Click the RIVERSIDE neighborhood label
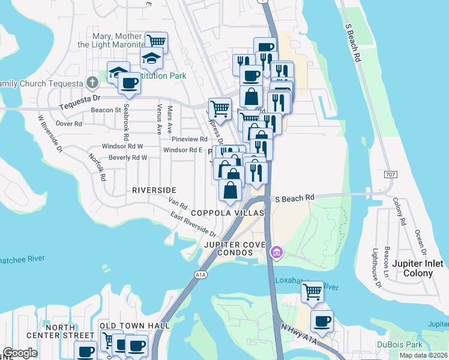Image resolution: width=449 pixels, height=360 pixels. [154, 190]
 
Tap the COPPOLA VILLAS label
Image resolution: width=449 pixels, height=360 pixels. [228, 214]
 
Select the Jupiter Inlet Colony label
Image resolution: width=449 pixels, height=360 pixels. [417, 268]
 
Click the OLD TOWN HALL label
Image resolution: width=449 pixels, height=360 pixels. [134, 325]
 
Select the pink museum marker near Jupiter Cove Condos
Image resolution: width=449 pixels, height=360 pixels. [276, 251]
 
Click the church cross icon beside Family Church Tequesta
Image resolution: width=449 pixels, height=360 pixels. [91, 82]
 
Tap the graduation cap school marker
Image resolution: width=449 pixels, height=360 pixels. [152, 58]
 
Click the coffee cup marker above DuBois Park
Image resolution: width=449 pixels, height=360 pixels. [322, 320]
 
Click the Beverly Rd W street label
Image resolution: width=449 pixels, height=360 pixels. [128, 158]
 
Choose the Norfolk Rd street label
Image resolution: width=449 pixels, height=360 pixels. [97, 166]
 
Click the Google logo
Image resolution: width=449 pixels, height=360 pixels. [20, 353]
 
